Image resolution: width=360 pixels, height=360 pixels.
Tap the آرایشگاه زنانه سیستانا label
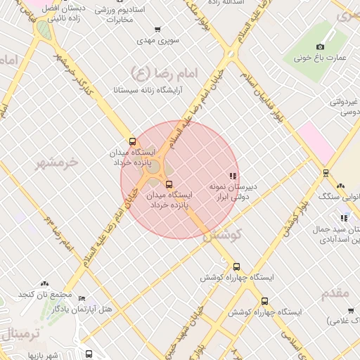[148, 90]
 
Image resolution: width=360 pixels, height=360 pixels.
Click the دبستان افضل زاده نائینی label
[65, 14]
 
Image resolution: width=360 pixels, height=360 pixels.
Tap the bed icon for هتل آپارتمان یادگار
[82, 298]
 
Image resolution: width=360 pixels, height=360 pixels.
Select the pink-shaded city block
[316, 141]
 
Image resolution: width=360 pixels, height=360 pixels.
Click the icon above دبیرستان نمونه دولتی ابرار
[233, 176]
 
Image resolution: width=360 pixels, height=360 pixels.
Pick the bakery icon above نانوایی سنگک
[340, 186]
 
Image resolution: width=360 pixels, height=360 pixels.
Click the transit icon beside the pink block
[326, 173]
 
